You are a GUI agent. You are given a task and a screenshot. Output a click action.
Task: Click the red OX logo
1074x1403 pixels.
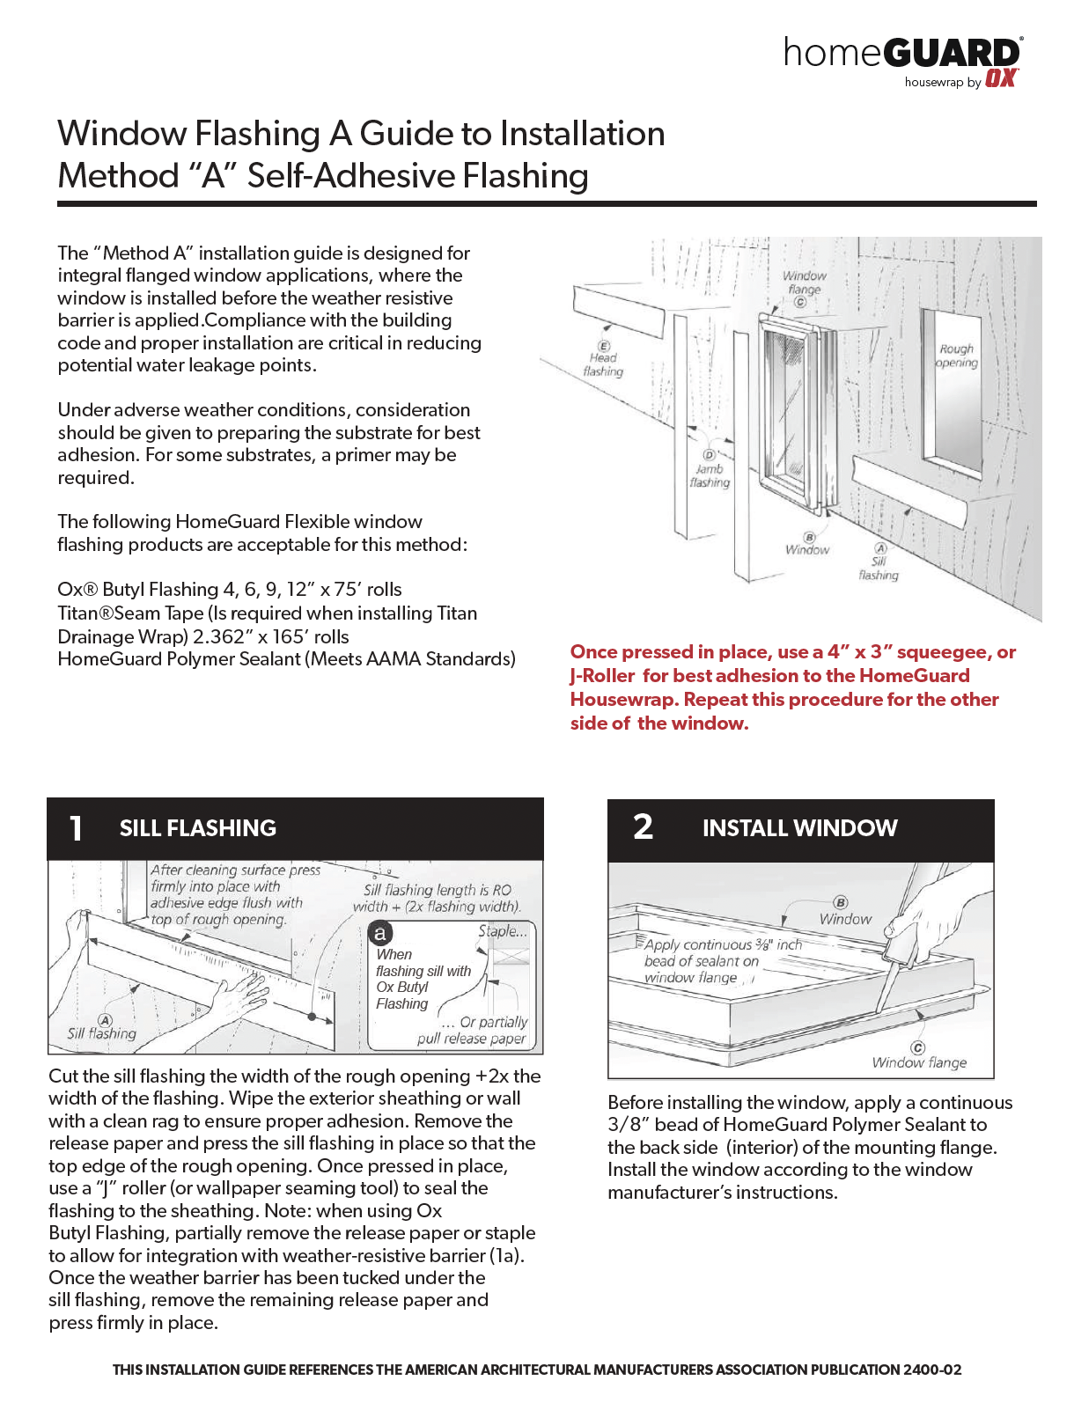(1001, 78)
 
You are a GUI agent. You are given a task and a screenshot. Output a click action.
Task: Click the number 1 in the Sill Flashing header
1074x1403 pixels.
(77, 828)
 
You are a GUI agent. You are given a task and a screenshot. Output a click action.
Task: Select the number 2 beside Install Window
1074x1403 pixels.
(644, 826)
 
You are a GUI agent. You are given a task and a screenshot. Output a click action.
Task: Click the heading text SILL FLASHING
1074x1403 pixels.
(198, 828)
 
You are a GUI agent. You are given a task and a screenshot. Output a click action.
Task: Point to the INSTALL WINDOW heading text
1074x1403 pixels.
(799, 828)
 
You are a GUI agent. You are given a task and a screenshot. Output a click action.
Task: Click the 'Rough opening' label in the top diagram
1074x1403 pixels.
(957, 356)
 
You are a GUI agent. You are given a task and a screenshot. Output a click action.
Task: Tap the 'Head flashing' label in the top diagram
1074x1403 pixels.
(603, 364)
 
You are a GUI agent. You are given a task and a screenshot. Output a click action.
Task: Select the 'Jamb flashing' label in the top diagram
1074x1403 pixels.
(710, 475)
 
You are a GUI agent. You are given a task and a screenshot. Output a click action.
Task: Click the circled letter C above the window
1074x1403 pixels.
(800, 302)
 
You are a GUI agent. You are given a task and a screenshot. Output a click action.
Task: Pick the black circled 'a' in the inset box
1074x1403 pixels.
(380, 933)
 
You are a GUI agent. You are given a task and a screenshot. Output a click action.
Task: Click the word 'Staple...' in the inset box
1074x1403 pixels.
(503, 930)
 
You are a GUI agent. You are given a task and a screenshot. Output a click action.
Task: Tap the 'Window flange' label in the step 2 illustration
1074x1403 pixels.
(919, 1062)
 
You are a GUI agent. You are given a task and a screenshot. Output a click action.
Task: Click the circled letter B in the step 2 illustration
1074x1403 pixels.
(841, 902)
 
